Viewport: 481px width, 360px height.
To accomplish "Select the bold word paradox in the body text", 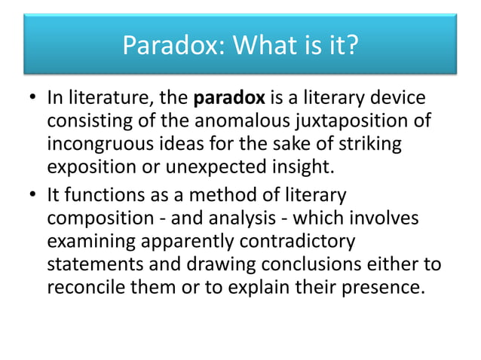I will pos(226,99).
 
